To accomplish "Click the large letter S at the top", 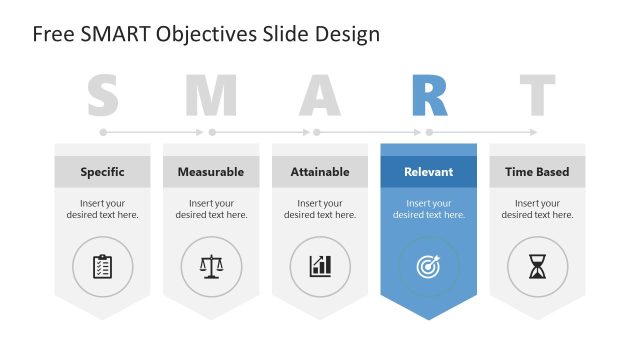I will click(x=102, y=96).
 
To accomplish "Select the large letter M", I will click(x=211, y=96).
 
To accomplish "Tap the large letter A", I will click(x=320, y=96).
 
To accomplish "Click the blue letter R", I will click(x=429, y=96).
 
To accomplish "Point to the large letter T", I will click(x=537, y=96).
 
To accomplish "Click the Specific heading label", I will click(x=102, y=172).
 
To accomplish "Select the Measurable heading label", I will click(x=211, y=172).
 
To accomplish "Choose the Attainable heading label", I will click(x=320, y=172).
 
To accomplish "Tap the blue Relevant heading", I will click(x=429, y=172).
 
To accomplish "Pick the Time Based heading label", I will click(x=537, y=172).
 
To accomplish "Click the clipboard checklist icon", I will click(x=102, y=266).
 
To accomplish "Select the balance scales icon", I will click(x=211, y=266).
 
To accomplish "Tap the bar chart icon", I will click(x=320, y=266).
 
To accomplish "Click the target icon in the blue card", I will click(x=429, y=266).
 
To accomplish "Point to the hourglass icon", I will click(x=537, y=266).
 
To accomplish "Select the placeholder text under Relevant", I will click(x=429, y=209).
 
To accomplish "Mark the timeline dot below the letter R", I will click(x=429, y=132).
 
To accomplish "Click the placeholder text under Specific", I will click(x=102, y=209).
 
